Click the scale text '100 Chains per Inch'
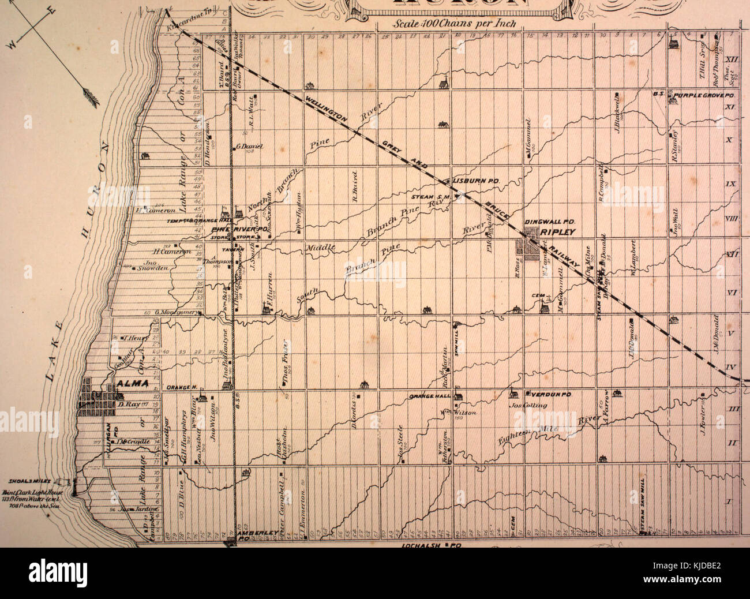tap(455, 25)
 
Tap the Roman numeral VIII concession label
tap(732, 218)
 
